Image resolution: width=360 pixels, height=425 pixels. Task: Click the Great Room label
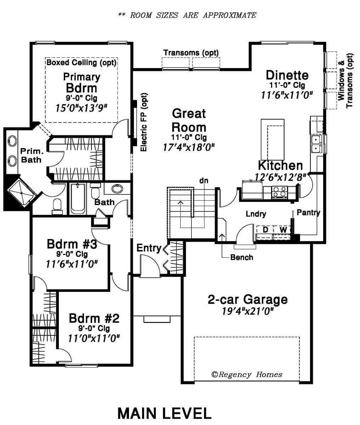coord(189,120)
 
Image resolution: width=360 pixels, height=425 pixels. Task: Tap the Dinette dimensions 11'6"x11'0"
coord(287,95)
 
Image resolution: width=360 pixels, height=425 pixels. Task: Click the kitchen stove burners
coord(280,191)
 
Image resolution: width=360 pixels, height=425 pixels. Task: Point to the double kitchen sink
coord(316,144)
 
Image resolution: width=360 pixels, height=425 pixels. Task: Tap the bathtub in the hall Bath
coord(78,199)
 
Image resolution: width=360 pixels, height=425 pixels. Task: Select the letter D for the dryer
coord(266,229)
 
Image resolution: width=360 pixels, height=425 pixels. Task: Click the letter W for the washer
coord(283,229)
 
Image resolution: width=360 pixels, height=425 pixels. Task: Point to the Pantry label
coord(308,212)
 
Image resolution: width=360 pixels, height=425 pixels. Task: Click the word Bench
coord(242,257)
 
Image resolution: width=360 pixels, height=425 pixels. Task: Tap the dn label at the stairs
coord(204,181)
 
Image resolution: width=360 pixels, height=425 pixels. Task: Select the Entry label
coord(149,248)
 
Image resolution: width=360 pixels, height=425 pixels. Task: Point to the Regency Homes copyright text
coord(247,374)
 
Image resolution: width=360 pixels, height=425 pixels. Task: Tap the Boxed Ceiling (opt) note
coord(81,62)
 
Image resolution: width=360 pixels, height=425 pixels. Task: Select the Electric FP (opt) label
coord(144,122)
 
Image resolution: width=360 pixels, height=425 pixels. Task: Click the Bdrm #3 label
coord(72,244)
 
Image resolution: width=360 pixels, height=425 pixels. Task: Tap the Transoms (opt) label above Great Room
coord(191,53)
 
